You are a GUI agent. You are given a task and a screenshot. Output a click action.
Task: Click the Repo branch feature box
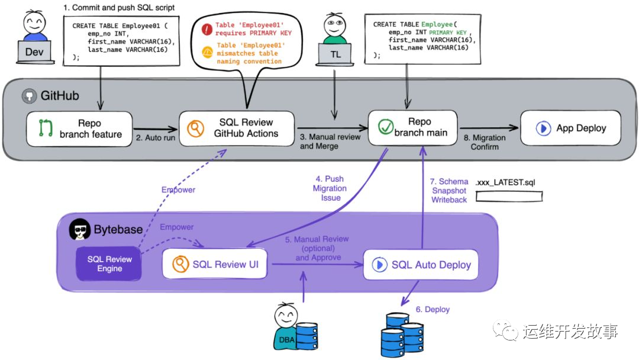pyautogui.click(x=79, y=128)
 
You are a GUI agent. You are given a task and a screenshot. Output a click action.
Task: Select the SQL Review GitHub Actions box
pyautogui.click(x=237, y=128)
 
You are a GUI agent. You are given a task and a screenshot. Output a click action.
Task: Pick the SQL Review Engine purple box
pyautogui.click(x=109, y=263)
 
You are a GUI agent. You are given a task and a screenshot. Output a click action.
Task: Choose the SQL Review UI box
pyautogui.click(x=215, y=264)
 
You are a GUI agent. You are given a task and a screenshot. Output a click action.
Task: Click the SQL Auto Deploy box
pyautogui.click(x=421, y=264)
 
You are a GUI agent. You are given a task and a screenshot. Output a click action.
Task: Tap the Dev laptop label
pyautogui.click(x=34, y=52)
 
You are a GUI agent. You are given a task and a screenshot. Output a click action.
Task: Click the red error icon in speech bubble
pyautogui.click(x=206, y=28)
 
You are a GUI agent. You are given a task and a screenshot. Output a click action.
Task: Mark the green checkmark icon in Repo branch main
pyautogui.click(x=386, y=127)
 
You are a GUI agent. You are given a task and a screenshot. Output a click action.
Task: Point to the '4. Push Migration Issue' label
pyautogui.click(x=330, y=188)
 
